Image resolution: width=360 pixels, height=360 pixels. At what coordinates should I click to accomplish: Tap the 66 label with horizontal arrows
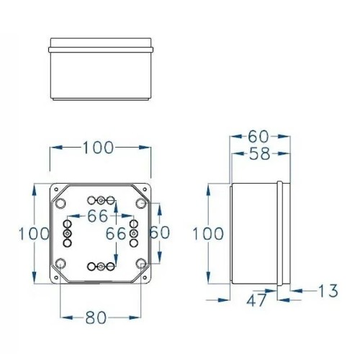(x=98, y=215)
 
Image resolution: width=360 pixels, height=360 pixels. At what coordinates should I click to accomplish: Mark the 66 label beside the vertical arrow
(x=116, y=234)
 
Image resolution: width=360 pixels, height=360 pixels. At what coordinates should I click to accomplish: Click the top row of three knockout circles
(x=102, y=199)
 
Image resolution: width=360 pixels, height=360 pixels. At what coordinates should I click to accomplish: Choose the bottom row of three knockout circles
(x=102, y=267)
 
